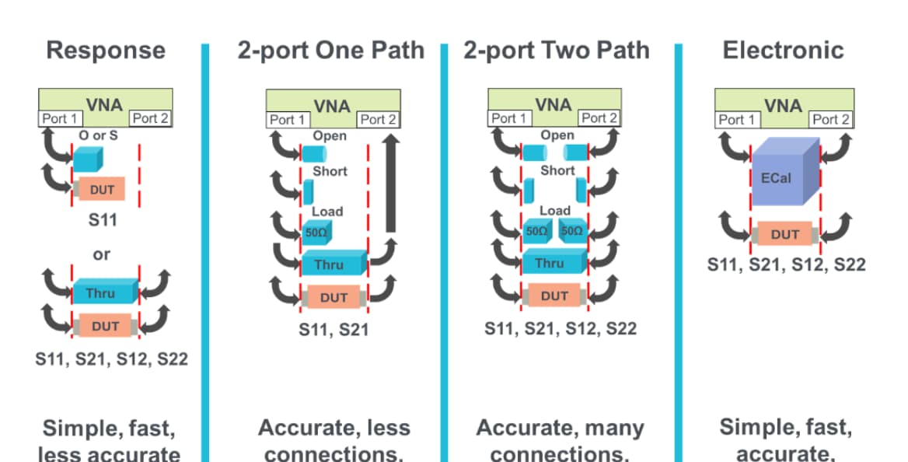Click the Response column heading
tap(106, 51)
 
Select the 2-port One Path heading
tap(331, 51)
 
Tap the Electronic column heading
tap(783, 51)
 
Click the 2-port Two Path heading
tap(556, 51)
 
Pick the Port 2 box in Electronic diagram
tap(830, 119)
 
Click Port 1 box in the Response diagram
tap(59, 118)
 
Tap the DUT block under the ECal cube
tap(784, 234)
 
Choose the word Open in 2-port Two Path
tap(557, 135)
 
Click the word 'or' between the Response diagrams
tap(101, 254)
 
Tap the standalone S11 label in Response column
tap(101, 220)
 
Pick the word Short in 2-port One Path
tap(329, 171)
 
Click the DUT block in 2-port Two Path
tap(554, 296)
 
